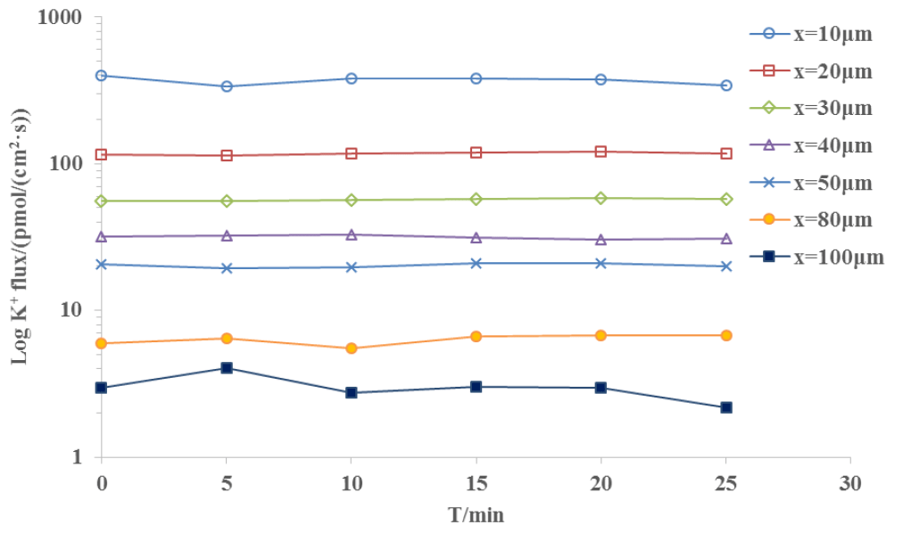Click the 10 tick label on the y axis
coord(71,311)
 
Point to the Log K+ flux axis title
coord(20,236)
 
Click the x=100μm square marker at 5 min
coord(227,367)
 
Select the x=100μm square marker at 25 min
coord(726,407)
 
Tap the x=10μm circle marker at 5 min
coord(227,86)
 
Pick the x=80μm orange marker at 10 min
coord(352,348)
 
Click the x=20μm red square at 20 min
coord(601,152)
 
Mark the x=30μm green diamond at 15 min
coord(476,199)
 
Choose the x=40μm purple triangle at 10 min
coord(352,234)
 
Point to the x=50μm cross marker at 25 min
coord(726,266)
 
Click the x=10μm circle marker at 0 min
coord(102,76)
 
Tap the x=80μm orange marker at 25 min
coord(726,335)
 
